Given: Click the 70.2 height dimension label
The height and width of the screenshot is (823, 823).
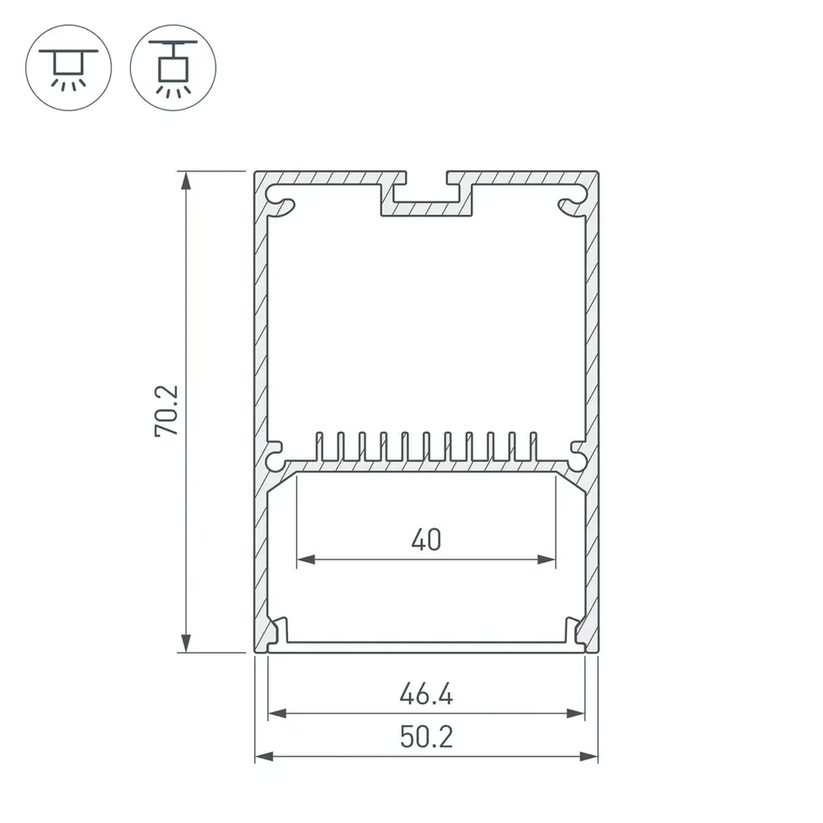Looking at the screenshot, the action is [167, 411].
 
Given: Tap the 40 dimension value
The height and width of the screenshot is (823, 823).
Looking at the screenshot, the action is [426, 540].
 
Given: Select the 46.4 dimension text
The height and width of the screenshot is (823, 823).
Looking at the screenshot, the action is [426, 695].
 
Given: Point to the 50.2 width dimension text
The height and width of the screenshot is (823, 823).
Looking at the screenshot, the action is [426, 737].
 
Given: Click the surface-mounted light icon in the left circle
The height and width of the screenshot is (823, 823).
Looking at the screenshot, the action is [69, 68].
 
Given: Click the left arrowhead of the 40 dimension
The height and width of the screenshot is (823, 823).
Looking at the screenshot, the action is [306, 559].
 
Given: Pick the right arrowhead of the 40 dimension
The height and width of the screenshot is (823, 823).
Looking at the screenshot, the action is [546, 559].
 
